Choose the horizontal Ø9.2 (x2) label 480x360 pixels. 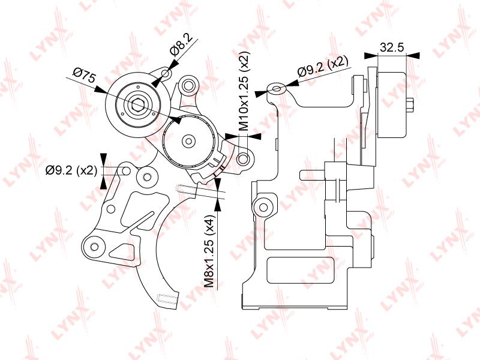click(71, 171)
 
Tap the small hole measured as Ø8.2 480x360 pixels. click(166, 74)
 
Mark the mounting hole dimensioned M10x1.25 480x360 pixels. click(243, 160)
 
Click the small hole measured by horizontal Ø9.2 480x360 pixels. click(127, 172)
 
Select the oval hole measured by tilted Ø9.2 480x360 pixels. click(276, 90)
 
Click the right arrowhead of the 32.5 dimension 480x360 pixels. click(413, 56)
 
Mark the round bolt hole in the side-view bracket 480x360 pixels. click(263, 207)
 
